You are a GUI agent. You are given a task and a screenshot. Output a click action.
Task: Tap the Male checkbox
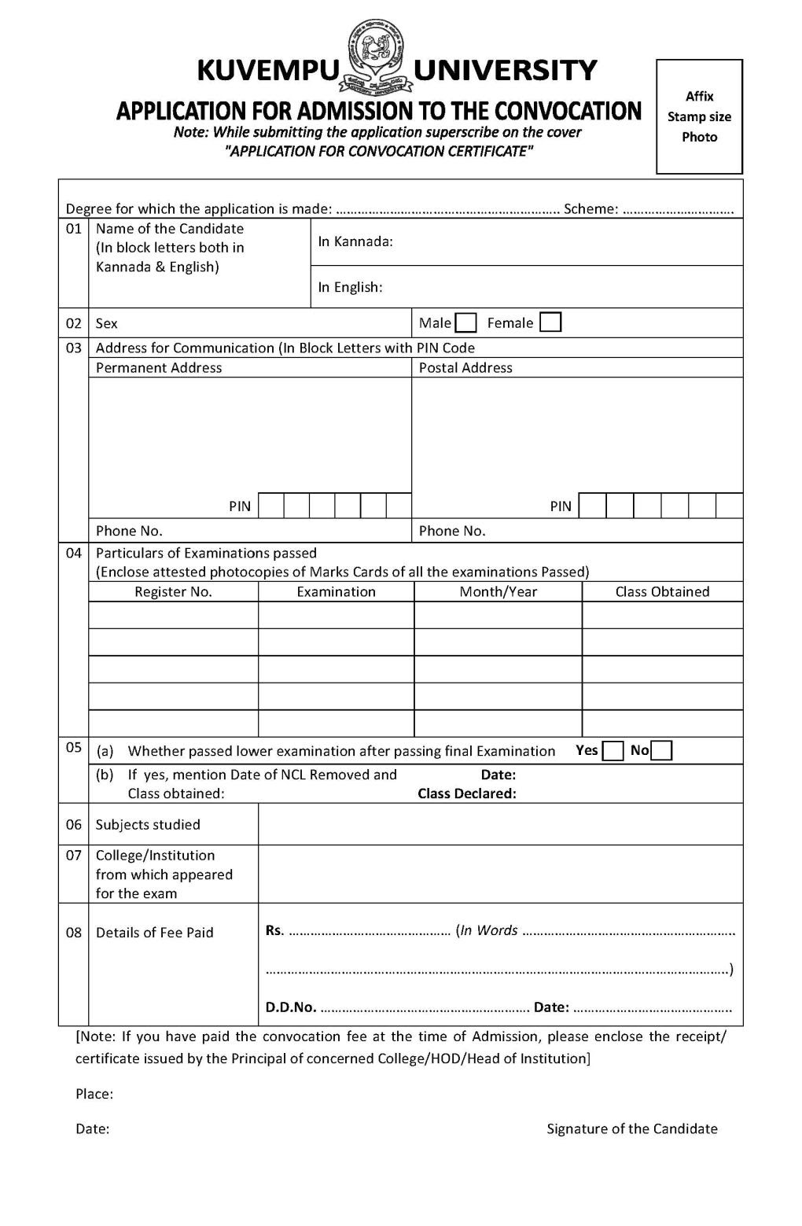(x=465, y=323)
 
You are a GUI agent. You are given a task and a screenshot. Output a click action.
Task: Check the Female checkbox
(x=550, y=323)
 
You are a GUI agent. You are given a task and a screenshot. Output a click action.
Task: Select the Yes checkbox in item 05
(x=613, y=751)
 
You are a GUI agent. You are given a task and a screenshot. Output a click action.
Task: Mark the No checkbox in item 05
(x=662, y=751)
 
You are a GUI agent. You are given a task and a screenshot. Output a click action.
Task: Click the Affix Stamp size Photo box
(x=699, y=116)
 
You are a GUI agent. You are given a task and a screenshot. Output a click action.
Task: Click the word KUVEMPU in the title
(x=266, y=71)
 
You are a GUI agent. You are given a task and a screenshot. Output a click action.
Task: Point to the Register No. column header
(x=173, y=592)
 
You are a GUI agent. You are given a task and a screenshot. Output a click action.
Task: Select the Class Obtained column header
(x=662, y=592)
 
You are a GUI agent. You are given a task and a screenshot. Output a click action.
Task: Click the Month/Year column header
(x=498, y=592)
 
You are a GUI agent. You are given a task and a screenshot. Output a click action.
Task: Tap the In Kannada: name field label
(x=355, y=241)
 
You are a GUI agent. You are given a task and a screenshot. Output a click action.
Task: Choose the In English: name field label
(x=350, y=287)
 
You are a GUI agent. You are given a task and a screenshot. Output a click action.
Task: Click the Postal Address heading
(x=465, y=368)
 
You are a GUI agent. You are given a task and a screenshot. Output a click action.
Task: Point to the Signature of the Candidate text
(x=632, y=1129)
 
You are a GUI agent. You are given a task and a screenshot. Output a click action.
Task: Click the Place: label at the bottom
(x=94, y=1094)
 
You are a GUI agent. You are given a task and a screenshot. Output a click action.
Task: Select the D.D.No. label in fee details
(x=291, y=1007)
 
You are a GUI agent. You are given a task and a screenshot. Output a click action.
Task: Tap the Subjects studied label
(x=148, y=825)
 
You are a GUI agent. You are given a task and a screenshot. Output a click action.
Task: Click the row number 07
(x=73, y=856)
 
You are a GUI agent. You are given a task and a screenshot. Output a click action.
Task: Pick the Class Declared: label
(x=467, y=793)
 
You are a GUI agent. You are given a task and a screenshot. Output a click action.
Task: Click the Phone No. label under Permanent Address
(x=129, y=531)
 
